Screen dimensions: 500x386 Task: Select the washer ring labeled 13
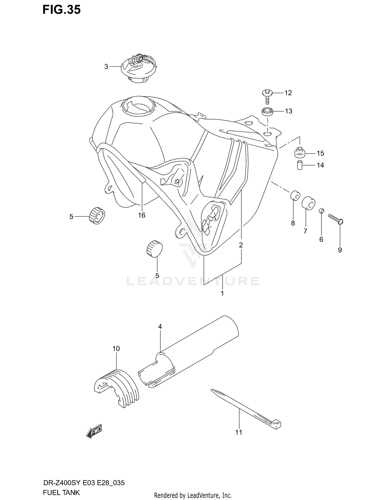click(267, 112)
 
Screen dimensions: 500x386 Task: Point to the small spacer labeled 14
click(299, 165)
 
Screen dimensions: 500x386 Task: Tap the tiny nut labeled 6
click(321, 211)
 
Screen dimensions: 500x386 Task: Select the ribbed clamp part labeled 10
click(116, 386)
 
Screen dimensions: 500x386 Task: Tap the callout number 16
click(142, 215)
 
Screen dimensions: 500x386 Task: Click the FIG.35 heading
click(62, 10)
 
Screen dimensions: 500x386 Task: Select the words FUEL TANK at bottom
click(61, 493)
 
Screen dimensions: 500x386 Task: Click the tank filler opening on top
click(138, 106)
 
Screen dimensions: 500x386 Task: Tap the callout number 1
click(222, 293)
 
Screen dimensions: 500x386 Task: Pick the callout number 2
click(241, 245)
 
